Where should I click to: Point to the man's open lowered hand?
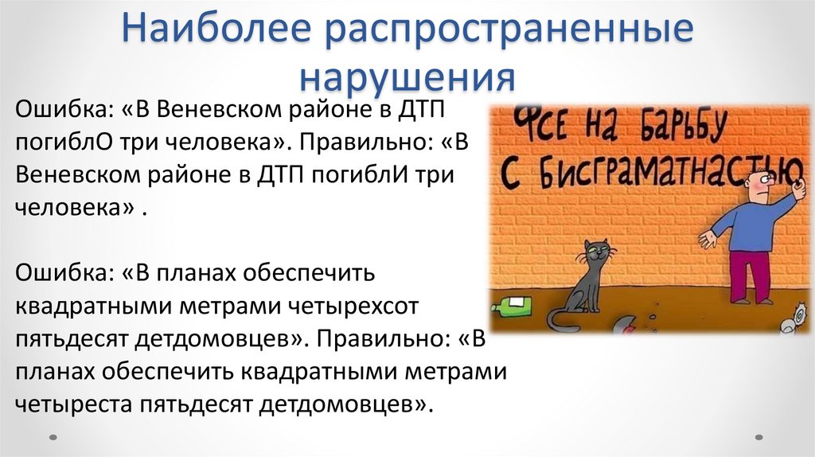(705, 238)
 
